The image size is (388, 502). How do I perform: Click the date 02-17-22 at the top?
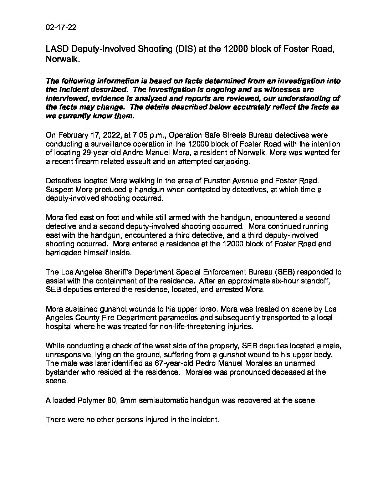[61, 28]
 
